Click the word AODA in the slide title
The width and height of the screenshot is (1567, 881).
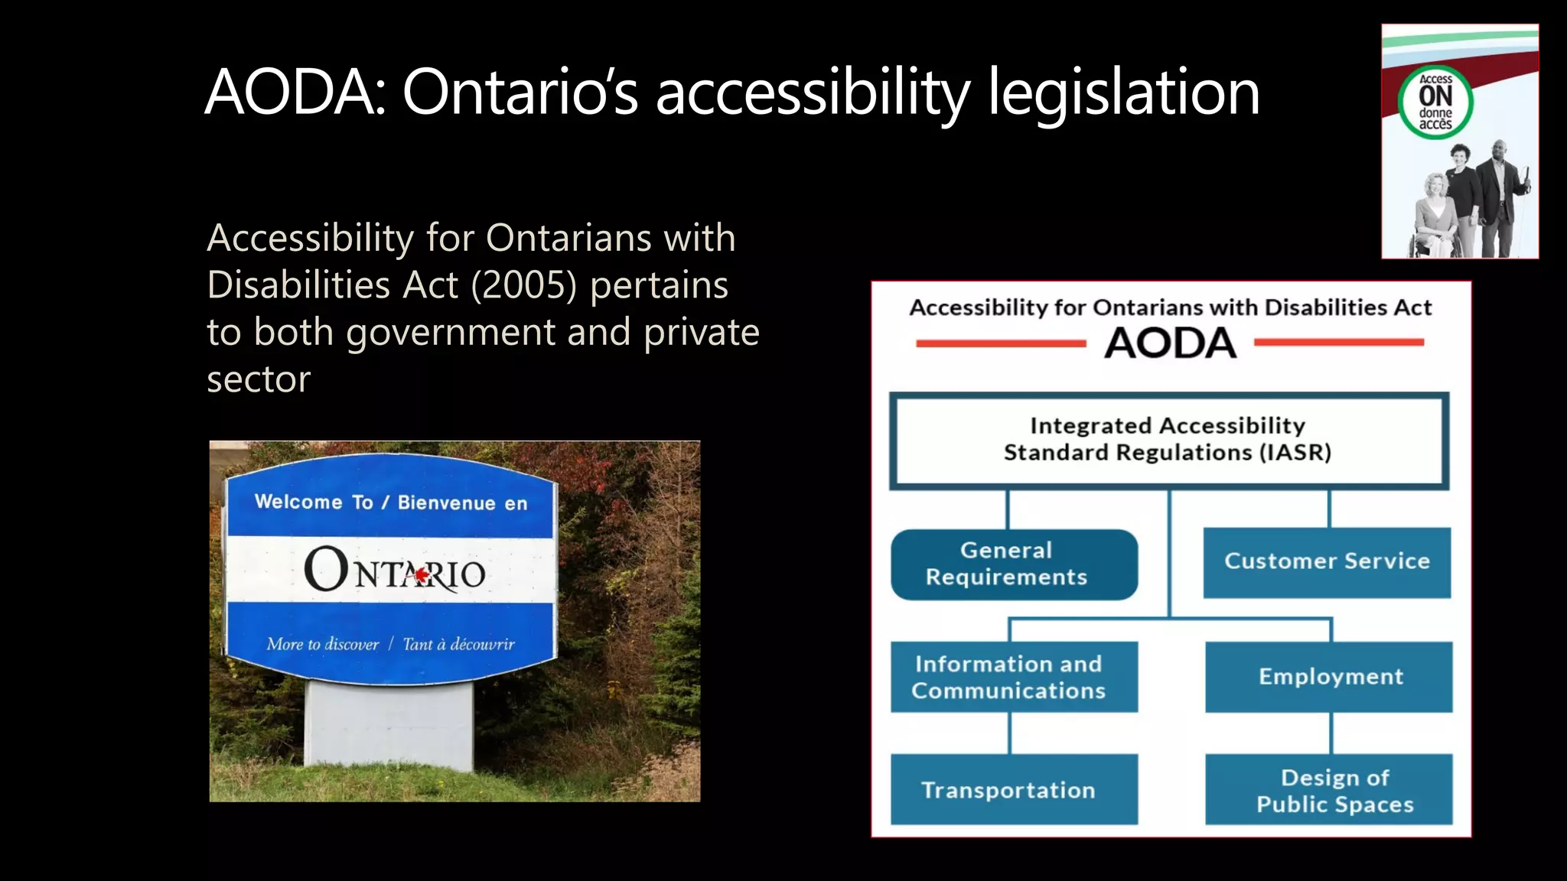tap(293, 93)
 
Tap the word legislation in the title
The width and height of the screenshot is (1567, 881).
tap(1123, 93)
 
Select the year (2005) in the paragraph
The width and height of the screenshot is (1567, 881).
tap(523, 285)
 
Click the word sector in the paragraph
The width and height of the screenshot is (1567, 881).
tap(259, 379)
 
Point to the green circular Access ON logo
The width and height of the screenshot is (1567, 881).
tap(1435, 102)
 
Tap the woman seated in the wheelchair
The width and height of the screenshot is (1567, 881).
tap(1433, 218)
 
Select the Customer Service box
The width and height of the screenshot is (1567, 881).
tap(1327, 562)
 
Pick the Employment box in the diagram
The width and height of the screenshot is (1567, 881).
tap(1329, 677)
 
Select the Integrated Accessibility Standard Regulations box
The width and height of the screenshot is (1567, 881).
tap(1168, 440)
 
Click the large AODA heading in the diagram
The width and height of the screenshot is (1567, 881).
tap(1170, 343)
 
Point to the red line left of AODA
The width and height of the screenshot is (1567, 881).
tap(1001, 343)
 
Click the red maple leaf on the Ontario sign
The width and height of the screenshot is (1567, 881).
tap(421, 574)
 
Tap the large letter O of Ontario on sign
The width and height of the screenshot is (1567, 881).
tap(327, 569)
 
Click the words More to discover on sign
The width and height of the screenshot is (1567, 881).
tap(322, 644)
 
